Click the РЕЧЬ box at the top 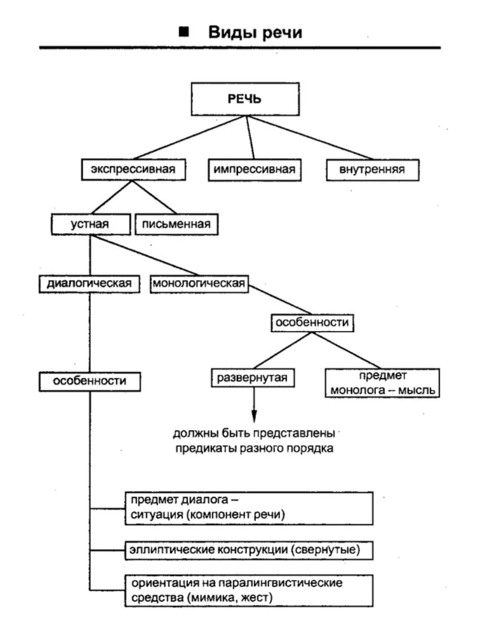point(245,99)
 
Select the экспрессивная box point(133,170)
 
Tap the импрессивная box point(255,170)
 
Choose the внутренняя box point(373,170)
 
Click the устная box point(91,224)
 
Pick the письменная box point(177,224)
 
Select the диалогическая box point(90,284)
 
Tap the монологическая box point(199,284)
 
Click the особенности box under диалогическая point(90,382)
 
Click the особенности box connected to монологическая point(312,323)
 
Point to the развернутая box point(253,377)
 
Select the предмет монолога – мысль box point(382,383)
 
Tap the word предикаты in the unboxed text point(206,449)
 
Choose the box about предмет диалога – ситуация point(249,508)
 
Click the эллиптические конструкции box point(249,551)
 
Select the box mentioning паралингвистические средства point(249,591)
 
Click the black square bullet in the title point(184,32)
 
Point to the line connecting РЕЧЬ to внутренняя point(310,138)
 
